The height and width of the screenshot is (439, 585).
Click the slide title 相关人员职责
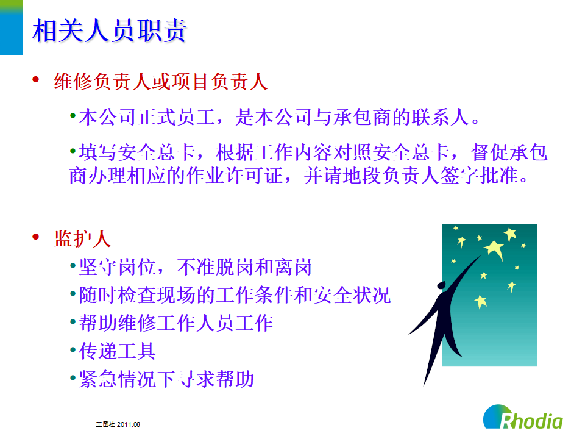coord(109,30)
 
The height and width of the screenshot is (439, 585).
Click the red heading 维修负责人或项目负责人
coord(161,82)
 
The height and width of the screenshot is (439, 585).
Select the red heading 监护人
coord(82,239)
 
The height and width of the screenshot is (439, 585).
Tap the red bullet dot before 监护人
coord(36,237)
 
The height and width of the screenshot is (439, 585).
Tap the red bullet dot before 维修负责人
coord(36,79)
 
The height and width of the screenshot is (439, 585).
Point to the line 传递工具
coord(117,351)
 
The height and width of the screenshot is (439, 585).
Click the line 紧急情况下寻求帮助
coord(166,379)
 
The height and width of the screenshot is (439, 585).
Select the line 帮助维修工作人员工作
coord(176,323)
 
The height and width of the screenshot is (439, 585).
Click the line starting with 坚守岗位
coord(196,267)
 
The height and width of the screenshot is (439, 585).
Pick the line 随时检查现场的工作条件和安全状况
coord(235,295)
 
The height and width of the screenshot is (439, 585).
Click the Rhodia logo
coord(523,416)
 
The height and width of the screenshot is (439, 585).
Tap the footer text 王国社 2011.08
coord(118,424)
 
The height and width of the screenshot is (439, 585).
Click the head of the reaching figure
coord(441,285)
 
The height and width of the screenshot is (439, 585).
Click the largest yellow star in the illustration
coord(494,249)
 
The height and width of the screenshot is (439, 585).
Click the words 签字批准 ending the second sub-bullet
coord(479,176)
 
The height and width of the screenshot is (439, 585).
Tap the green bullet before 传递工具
coord(73,350)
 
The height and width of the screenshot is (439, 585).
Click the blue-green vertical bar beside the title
coord(11,27)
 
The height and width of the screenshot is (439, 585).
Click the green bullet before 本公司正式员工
coord(73,116)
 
